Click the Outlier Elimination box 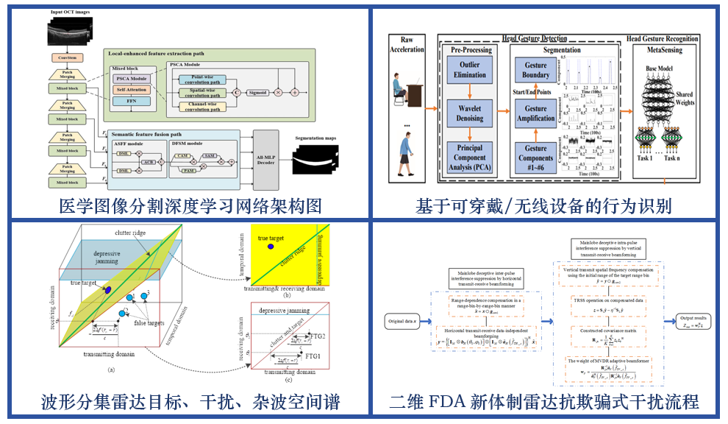(x=469, y=70)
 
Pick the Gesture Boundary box (x=536, y=70)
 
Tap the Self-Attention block (x=132, y=89)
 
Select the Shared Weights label (x=685, y=98)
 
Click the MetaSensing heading (x=663, y=51)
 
